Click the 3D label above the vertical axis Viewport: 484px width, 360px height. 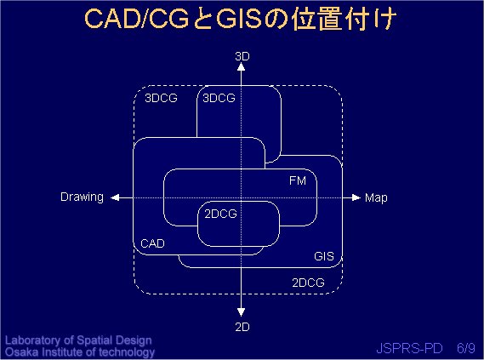pyautogui.click(x=242, y=56)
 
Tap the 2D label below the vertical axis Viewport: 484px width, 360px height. pyautogui.click(x=242, y=327)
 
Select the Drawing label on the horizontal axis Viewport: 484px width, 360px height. pyautogui.click(x=83, y=197)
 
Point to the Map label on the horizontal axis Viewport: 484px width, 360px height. pyautogui.click(x=376, y=198)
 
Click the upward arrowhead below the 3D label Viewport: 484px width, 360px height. pyautogui.click(x=241, y=66)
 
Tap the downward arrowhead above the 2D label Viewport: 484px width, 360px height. pyautogui.click(x=241, y=312)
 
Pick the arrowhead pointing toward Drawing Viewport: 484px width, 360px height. pyautogui.click(x=115, y=197)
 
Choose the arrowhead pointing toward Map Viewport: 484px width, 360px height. pyautogui.click(x=356, y=197)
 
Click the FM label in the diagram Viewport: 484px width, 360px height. pyautogui.click(x=298, y=180)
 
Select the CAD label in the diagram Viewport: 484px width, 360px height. pyautogui.click(x=152, y=243)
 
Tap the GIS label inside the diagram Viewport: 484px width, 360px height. pyautogui.click(x=324, y=256)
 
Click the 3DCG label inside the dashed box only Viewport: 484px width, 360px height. pyautogui.click(x=161, y=98)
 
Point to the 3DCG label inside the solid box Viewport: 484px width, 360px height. pyautogui.click(x=219, y=98)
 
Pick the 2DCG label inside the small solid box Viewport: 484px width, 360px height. pyautogui.click(x=220, y=214)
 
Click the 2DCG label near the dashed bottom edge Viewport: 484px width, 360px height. pyautogui.click(x=309, y=283)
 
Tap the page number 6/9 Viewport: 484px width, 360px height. pyautogui.click(x=466, y=348)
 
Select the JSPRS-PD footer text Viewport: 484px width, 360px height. pyautogui.click(x=409, y=348)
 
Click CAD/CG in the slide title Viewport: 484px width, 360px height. pyautogui.click(x=136, y=19)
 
